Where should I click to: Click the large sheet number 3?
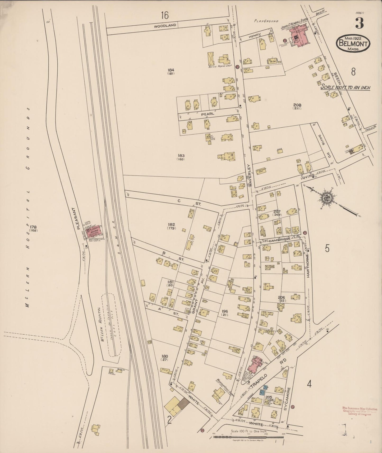point(359,23)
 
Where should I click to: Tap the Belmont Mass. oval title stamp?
point(353,44)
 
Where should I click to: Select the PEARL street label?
point(207,114)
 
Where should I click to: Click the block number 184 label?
point(171,70)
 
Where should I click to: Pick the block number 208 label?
point(297,105)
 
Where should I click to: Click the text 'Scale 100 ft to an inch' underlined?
point(345,87)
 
